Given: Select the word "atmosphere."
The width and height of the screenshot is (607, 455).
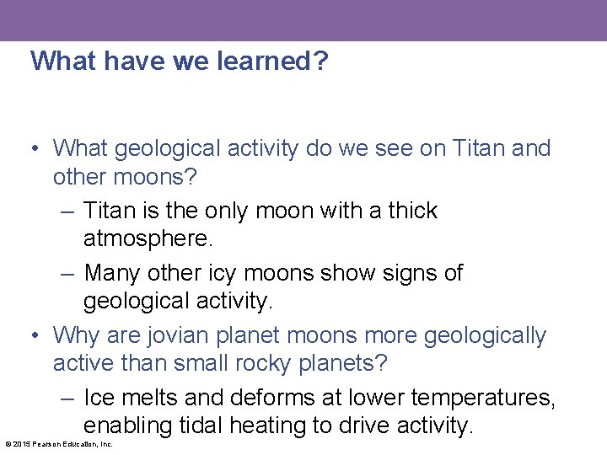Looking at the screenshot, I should (x=148, y=239).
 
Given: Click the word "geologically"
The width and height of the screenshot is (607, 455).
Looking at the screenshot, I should (x=485, y=335).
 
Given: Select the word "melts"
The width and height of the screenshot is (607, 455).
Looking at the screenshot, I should (x=150, y=397).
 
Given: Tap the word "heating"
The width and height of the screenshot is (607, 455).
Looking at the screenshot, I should (x=271, y=426).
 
